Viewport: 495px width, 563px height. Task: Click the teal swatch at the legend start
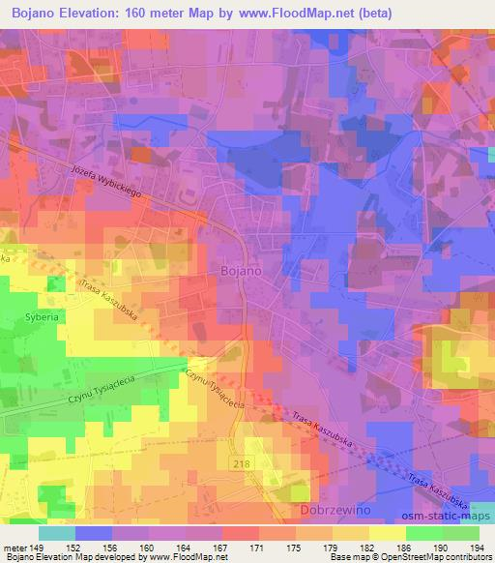(x=56, y=533)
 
